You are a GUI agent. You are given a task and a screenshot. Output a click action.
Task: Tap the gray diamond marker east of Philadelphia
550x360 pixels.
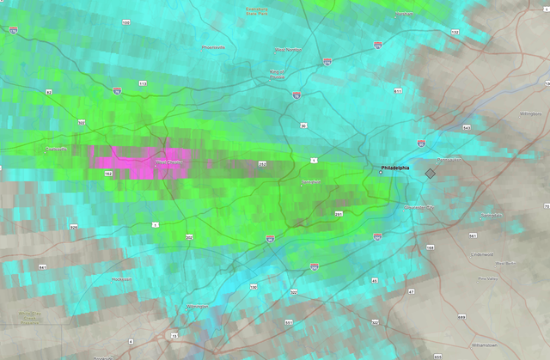pos(431,173)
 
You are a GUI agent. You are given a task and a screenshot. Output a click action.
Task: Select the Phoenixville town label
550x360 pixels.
pos(212,47)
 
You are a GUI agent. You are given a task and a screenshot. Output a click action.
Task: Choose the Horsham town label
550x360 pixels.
pos(404,14)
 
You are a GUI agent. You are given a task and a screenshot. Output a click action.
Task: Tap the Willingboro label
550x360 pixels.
pos(531,113)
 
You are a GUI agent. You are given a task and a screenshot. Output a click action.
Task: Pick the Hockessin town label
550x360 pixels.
pos(121,279)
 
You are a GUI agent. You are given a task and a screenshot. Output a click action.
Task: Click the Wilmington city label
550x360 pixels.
pos(198,306)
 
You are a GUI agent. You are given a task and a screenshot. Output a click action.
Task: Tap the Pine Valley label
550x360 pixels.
pos(487,278)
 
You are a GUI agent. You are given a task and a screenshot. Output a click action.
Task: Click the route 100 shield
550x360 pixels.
pos(125,22)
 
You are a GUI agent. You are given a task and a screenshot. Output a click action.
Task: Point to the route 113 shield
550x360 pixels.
pos(142,83)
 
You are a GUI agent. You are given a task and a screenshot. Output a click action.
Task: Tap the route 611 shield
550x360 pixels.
pos(398,90)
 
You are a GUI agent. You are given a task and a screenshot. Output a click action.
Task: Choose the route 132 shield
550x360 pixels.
pos(455,32)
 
